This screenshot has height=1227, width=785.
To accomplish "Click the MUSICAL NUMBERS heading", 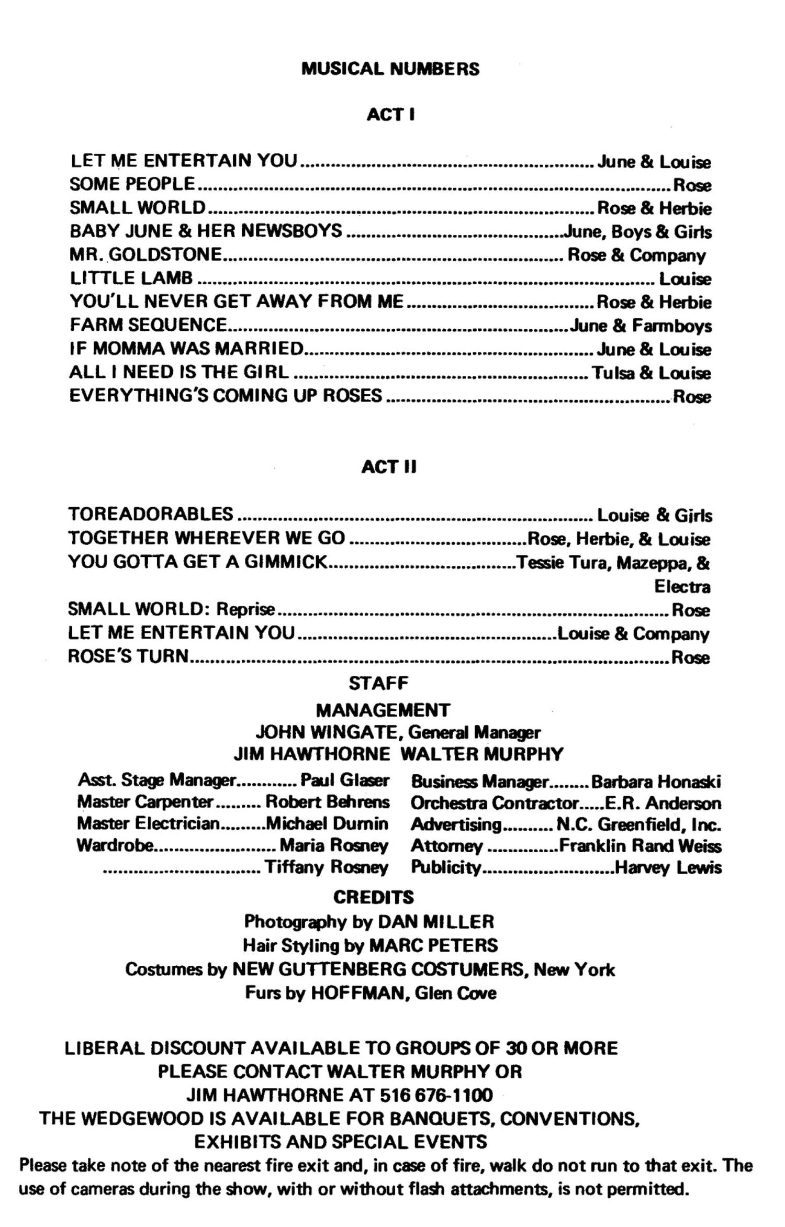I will (x=390, y=69).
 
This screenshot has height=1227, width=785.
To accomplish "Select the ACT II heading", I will (x=389, y=467).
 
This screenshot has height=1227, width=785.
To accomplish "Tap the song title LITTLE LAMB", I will (x=131, y=278).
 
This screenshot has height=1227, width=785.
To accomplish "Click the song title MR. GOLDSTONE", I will (x=146, y=254).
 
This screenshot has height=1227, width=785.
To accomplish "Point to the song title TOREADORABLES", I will (x=151, y=514).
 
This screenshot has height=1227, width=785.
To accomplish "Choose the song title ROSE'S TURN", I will (x=128, y=656).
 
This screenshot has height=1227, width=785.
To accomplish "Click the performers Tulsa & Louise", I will (x=651, y=373).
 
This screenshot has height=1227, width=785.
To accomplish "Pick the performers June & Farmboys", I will (x=641, y=326).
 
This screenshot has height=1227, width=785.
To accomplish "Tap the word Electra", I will (x=682, y=587).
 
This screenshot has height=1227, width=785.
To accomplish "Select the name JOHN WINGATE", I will (x=326, y=732).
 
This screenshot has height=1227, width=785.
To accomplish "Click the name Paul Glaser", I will (x=344, y=780).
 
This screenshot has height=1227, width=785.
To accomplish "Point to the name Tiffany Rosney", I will (x=327, y=867).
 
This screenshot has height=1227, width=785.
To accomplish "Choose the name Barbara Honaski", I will (x=656, y=782).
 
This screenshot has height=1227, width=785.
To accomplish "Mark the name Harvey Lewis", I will (x=668, y=867).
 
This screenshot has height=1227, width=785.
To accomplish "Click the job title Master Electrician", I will (x=148, y=824).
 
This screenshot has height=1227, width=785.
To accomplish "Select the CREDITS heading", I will (x=374, y=897).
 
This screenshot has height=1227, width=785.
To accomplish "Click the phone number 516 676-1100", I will (x=436, y=1095).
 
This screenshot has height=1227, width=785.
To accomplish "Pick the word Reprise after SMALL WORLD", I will (x=245, y=609).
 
